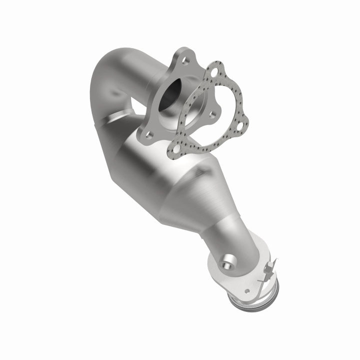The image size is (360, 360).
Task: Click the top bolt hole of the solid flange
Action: [186, 62]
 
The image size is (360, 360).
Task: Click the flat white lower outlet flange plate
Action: [235, 280]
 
